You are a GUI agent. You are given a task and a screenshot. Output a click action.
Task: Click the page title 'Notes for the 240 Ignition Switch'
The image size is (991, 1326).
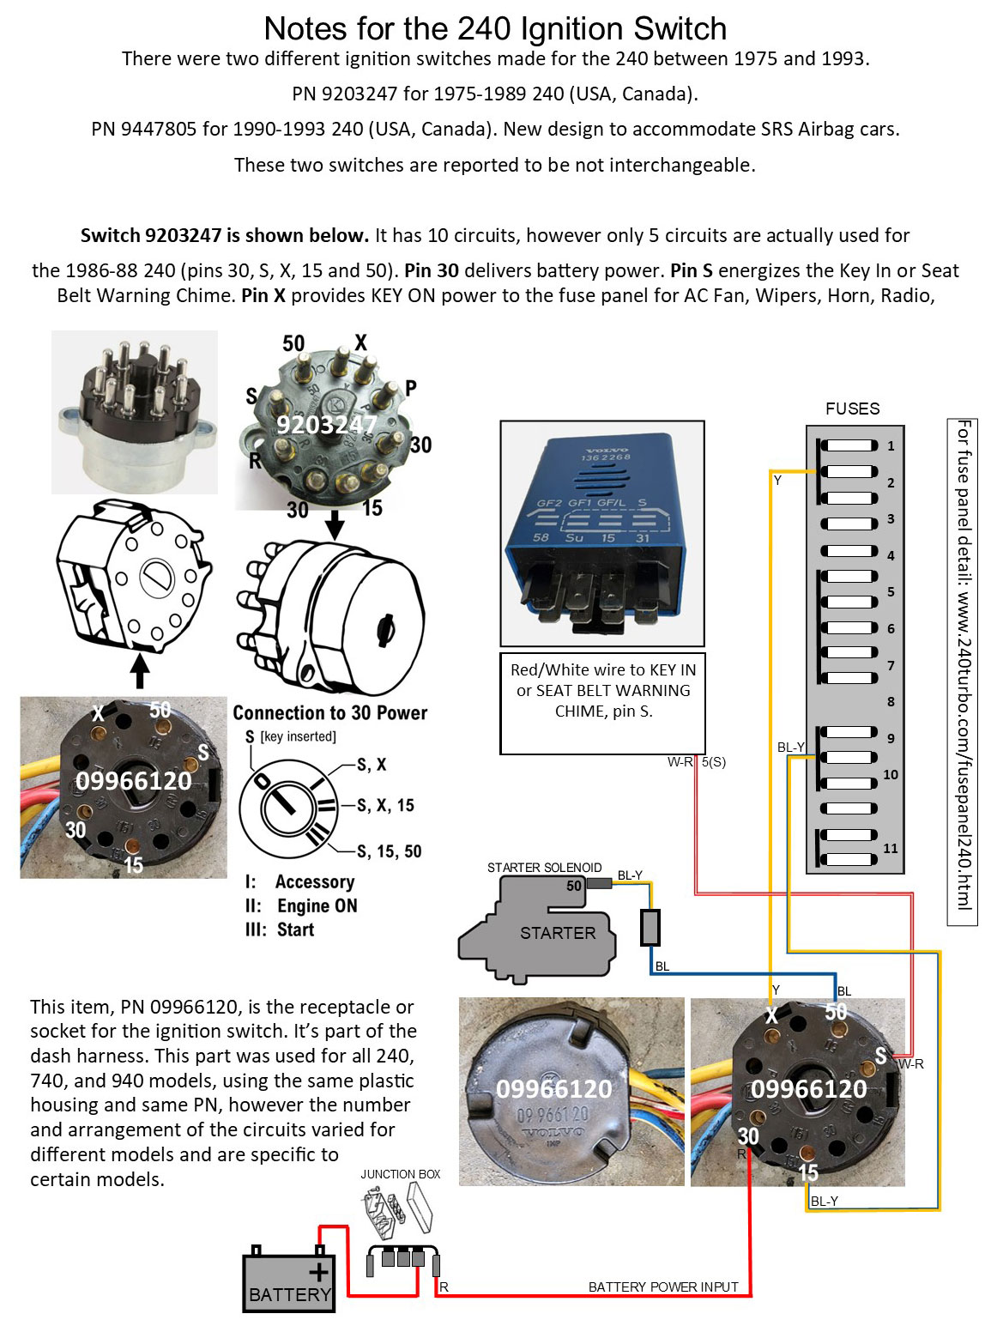point(495,29)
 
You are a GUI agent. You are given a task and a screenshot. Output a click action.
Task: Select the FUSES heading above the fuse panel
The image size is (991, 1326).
point(852,409)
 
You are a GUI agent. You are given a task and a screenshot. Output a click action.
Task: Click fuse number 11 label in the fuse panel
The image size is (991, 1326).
point(891,848)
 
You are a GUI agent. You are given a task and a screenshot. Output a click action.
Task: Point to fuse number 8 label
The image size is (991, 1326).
point(891,701)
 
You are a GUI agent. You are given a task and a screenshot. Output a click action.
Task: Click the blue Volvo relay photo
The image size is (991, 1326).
point(602,532)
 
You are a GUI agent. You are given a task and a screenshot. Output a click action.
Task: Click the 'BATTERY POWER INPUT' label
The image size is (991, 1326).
point(662,1287)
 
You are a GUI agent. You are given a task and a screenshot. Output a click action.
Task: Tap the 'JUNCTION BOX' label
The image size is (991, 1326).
point(400,1174)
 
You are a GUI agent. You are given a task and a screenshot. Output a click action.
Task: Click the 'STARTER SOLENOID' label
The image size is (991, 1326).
point(544,868)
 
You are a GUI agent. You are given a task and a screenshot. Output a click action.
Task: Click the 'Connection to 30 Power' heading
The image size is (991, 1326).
point(329,713)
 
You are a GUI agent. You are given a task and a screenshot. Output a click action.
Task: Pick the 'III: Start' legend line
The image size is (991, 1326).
point(280,929)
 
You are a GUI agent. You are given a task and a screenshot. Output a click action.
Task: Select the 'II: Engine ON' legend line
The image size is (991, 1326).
point(301,905)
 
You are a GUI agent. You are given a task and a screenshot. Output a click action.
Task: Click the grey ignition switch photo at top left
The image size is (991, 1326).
point(134,412)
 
